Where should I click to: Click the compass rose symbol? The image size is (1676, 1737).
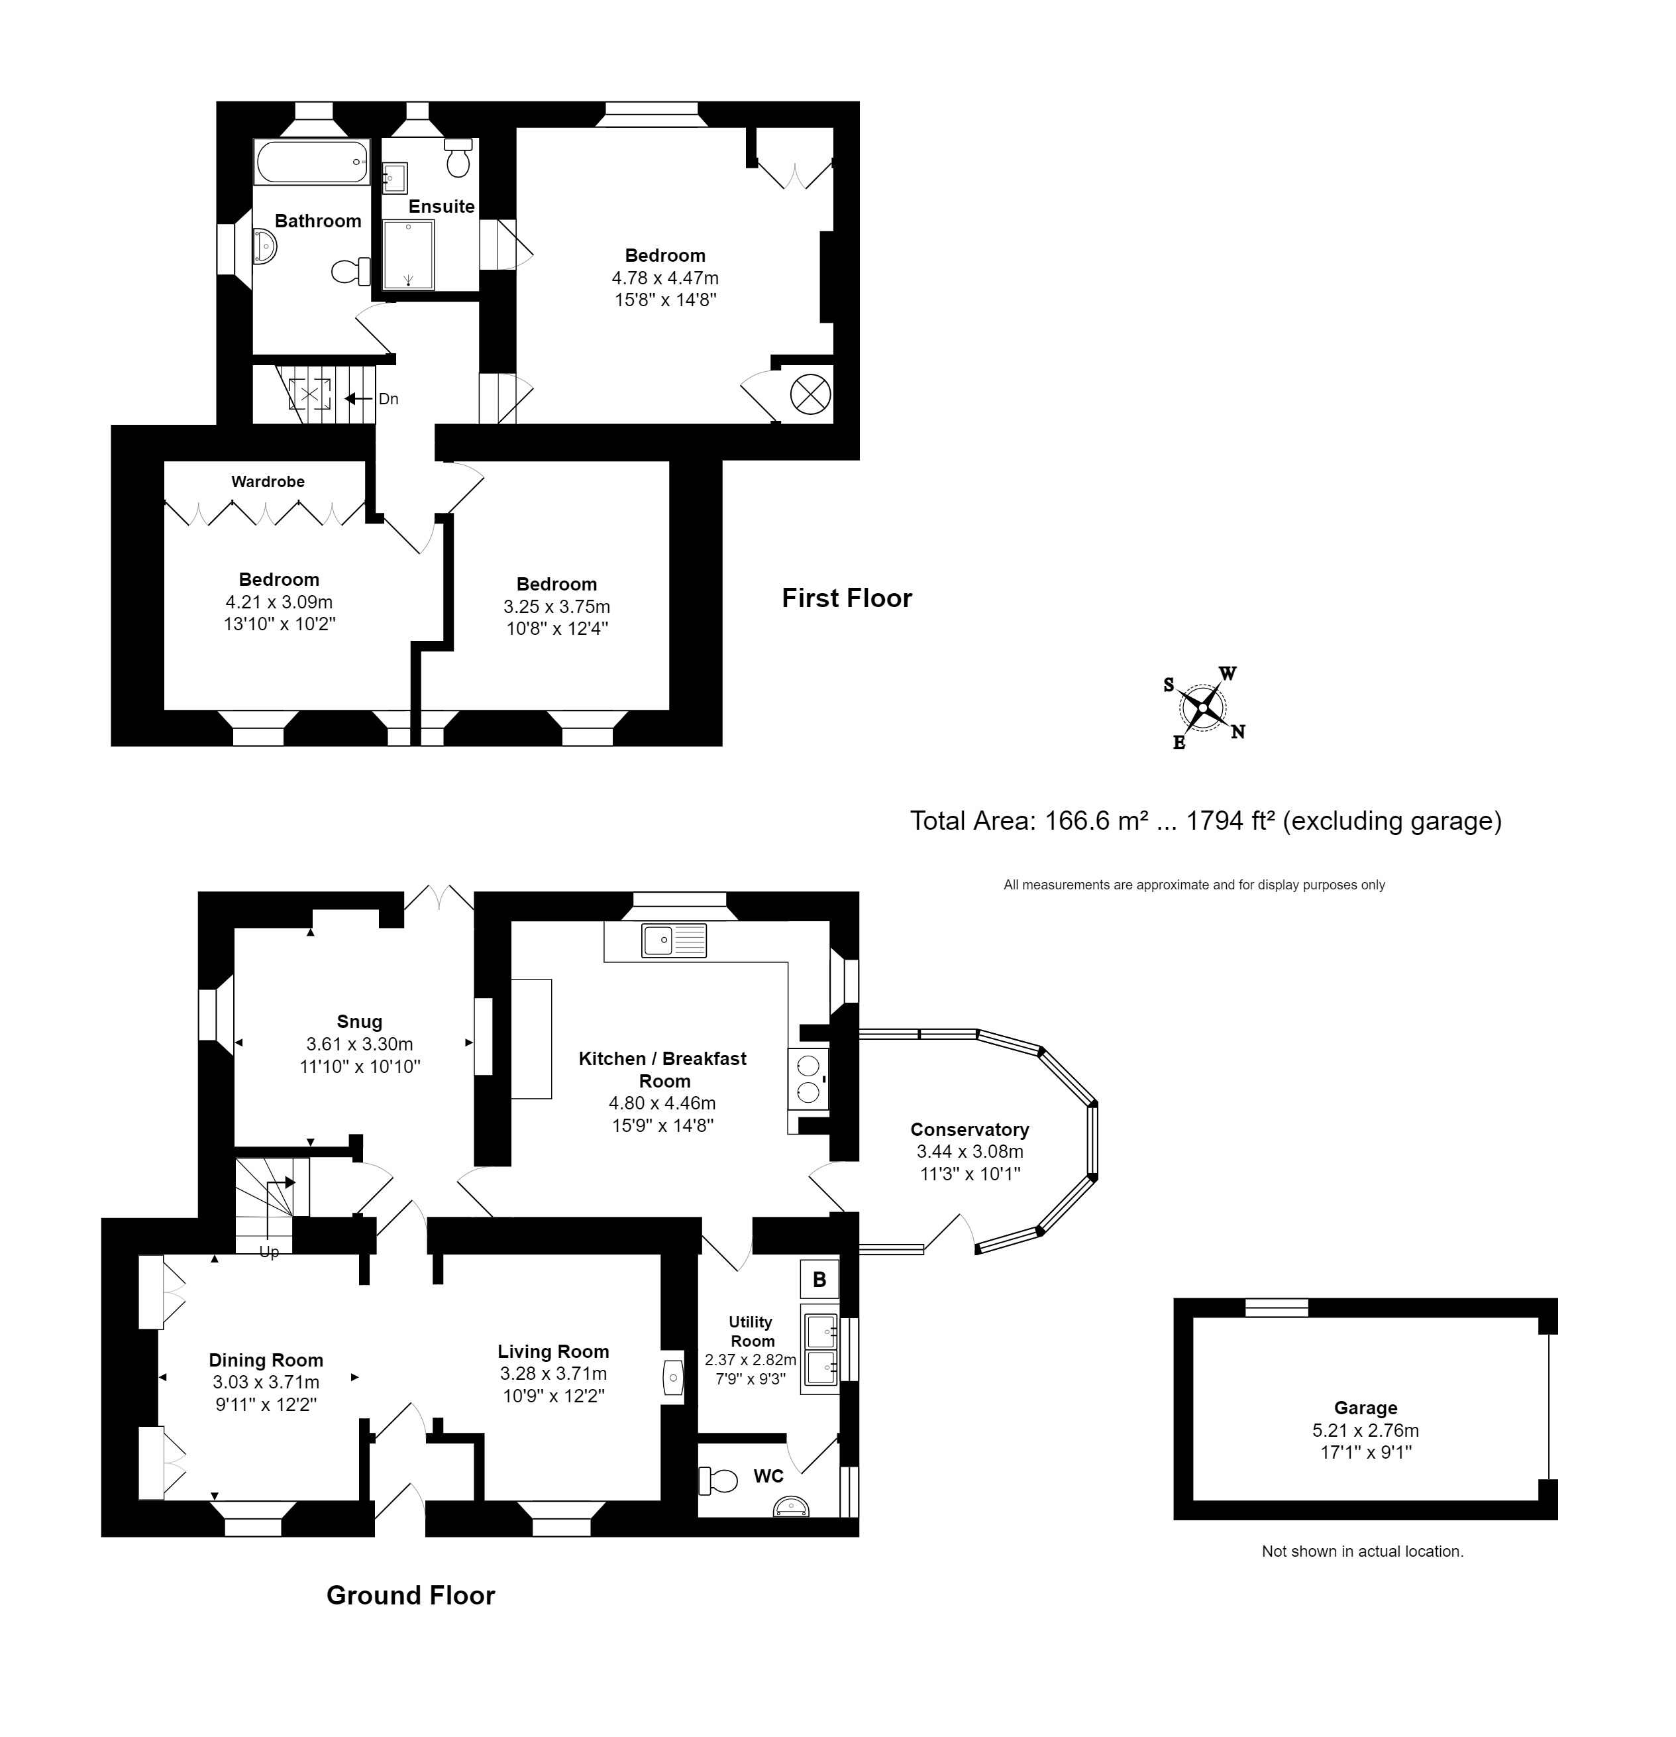pos(1203,708)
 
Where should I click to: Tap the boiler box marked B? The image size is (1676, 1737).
pos(819,1279)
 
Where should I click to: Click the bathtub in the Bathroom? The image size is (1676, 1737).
pos(312,162)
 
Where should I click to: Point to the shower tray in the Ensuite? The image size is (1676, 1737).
pos(408,255)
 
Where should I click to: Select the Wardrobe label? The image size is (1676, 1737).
pos(268,481)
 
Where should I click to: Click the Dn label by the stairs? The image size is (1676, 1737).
pos(388,399)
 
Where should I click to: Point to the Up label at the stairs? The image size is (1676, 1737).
pos(268,1251)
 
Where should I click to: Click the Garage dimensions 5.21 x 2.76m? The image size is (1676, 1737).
pos(1365,1430)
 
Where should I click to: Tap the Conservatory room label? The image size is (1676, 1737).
pos(969,1130)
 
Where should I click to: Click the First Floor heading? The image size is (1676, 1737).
pos(846,598)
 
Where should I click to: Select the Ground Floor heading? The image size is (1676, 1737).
pos(410,1595)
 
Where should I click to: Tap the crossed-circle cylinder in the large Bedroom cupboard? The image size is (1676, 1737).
pos(810,394)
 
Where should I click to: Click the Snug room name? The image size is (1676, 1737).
pos(359,1021)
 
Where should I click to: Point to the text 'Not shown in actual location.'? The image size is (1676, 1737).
pos(1361,1551)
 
